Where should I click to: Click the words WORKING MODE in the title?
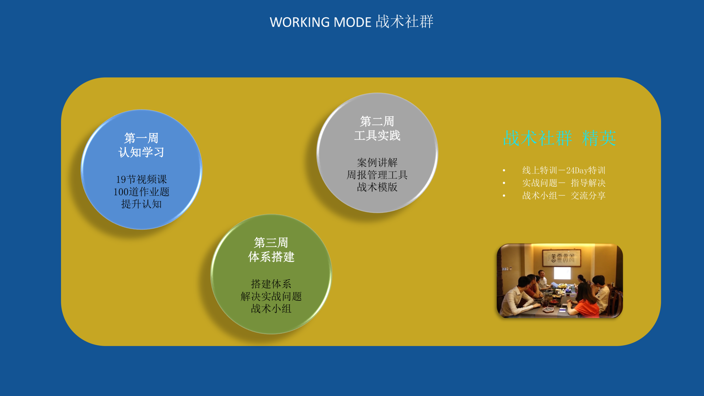320,22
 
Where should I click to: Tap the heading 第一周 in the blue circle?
141,138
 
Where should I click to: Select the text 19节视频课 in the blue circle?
141,179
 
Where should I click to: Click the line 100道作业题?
141,192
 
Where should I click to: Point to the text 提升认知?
141,204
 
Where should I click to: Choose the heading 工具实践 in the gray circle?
377,135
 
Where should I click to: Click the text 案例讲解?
377,163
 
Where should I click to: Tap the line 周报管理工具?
377,175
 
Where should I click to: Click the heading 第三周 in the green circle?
271,242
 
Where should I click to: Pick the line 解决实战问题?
271,296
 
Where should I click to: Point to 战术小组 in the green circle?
271,308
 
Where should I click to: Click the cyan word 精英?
599,138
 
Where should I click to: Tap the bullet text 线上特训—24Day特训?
564,170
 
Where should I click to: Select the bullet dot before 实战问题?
504,183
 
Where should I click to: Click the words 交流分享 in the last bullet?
588,195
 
